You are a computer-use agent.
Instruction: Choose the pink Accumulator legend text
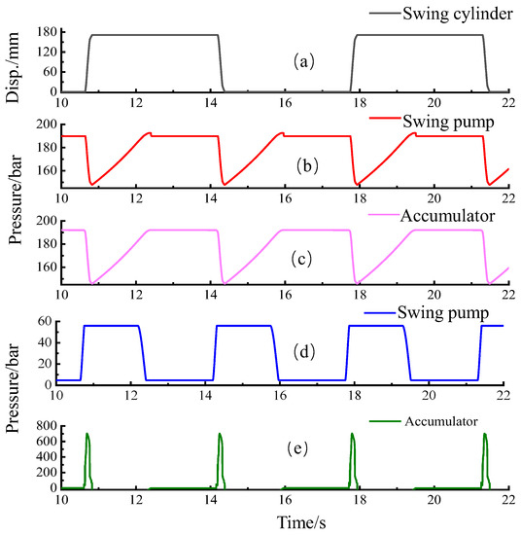[x=441, y=213]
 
